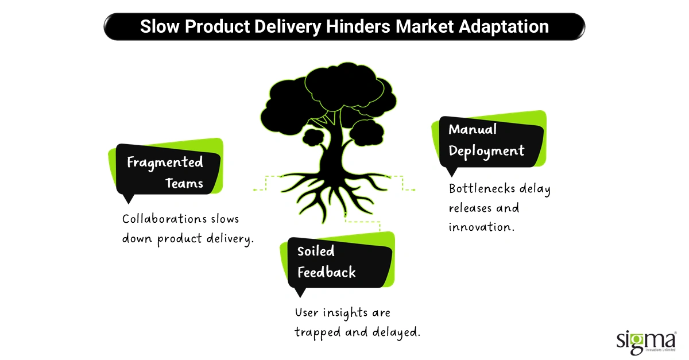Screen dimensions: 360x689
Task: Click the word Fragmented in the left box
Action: pos(165,162)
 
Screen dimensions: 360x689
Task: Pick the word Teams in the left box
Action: pos(184,183)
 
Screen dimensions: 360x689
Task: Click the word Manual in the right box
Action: pos(473,129)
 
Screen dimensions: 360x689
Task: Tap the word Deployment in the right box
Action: pos(486,150)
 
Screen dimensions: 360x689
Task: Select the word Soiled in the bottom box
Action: pos(316,251)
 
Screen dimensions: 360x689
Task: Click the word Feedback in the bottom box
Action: pos(326,272)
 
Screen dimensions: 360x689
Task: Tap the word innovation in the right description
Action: pos(481,227)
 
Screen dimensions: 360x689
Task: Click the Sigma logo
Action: pos(646,340)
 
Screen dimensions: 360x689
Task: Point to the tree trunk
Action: pos(332,149)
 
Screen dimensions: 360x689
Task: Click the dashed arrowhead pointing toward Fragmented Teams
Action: pos(255,189)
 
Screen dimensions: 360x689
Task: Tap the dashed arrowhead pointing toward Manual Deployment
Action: pos(413,189)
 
